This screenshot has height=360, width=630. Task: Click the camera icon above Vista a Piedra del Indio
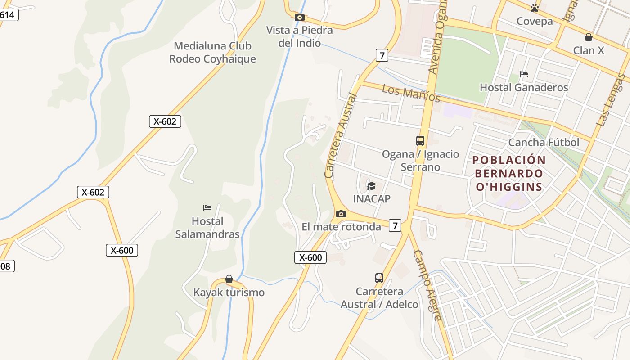point(299,18)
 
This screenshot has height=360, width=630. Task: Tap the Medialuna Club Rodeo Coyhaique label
point(212,52)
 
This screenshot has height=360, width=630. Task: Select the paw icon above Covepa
point(535,8)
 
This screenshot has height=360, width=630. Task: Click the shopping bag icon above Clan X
point(588,37)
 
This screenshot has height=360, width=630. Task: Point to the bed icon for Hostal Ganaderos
point(523,74)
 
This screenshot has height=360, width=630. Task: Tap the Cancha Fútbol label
point(544,143)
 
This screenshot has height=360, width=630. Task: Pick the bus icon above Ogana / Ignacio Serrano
point(420,141)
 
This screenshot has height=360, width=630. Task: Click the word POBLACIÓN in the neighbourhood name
point(509,160)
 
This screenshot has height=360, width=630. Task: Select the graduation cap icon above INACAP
point(371,186)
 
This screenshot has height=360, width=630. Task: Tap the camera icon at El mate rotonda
point(341,214)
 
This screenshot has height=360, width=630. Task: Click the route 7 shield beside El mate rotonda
point(395,225)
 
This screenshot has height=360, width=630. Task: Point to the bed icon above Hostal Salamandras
point(207,207)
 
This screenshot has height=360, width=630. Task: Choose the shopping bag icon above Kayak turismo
point(229,279)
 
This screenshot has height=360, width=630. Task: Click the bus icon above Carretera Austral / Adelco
point(379,278)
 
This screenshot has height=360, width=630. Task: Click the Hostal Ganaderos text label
point(524,87)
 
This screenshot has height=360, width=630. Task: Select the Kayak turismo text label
point(229,292)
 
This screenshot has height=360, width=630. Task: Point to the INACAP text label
point(372,199)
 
